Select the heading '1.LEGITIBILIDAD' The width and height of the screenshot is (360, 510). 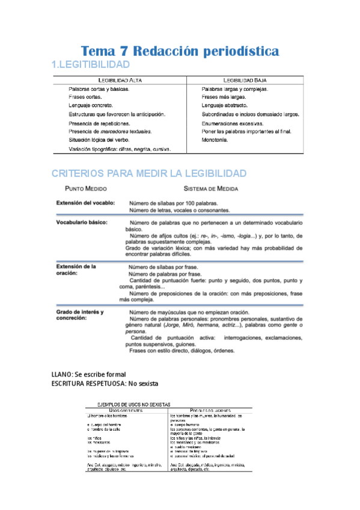[91, 64]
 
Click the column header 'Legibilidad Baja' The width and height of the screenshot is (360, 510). [245, 79]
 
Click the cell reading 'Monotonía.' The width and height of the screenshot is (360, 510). [215, 140]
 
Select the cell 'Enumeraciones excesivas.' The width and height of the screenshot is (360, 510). [235, 123]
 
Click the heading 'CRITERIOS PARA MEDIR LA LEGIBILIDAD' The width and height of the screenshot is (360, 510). [149, 173]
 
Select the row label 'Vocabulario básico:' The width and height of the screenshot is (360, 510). [82, 223]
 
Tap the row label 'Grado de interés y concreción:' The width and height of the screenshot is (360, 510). [80, 315]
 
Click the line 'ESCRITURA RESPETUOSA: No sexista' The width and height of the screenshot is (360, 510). [105, 382]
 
